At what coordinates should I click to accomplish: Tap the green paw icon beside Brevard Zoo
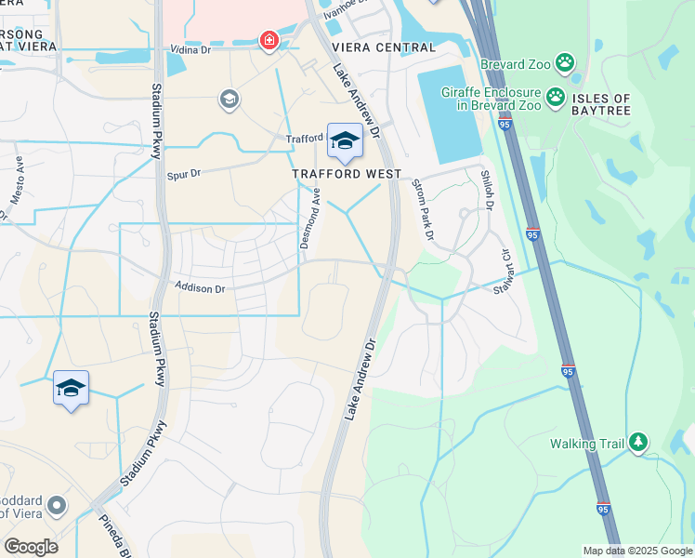(565, 63)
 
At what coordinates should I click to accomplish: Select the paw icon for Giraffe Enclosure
(556, 96)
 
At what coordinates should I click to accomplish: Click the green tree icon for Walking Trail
(637, 443)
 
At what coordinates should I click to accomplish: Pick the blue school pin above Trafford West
(345, 141)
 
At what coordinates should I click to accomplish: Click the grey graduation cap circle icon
(229, 99)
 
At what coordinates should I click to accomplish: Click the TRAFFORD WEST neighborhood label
(347, 174)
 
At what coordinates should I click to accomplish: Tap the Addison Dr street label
(201, 289)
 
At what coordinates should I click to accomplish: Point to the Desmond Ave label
(309, 219)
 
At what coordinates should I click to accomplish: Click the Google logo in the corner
(30, 547)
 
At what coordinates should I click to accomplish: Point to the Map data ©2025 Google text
(636, 551)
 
